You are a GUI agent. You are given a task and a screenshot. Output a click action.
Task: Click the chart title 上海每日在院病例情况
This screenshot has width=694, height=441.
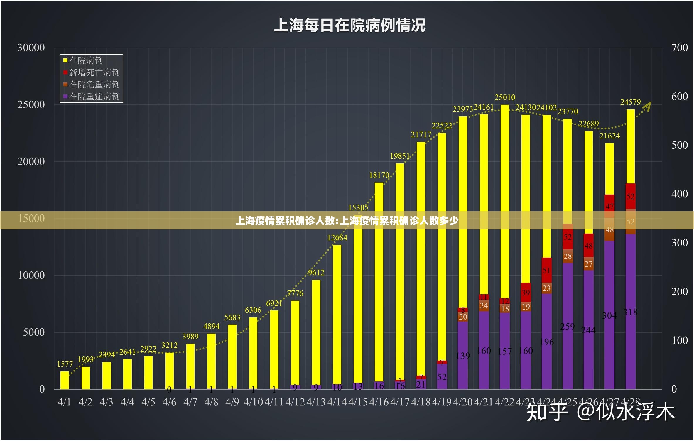click(x=349, y=25)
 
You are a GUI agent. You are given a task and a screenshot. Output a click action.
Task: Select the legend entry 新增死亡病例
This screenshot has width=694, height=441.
click(x=94, y=72)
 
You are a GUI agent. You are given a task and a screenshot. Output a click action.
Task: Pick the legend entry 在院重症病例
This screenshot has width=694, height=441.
click(x=94, y=97)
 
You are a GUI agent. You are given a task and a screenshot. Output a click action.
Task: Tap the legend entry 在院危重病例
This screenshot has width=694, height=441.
click(x=94, y=85)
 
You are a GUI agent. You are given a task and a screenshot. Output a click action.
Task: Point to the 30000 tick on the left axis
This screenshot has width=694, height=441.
click(x=31, y=48)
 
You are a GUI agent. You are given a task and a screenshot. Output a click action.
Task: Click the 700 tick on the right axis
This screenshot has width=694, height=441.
click(x=679, y=48)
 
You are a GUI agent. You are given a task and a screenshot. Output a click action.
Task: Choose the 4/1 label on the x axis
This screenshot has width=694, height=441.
click(x=64, y=402)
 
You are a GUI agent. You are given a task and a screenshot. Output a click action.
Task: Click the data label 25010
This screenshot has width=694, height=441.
click(x=505, y=97)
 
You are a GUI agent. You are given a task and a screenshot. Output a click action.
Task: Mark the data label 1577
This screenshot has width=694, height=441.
click(x=65, y=364)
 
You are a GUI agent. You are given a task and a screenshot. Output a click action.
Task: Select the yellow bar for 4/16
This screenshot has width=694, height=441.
click(x=379, y=279)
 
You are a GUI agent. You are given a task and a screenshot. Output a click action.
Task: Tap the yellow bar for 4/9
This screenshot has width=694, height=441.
click(x=232, y=355)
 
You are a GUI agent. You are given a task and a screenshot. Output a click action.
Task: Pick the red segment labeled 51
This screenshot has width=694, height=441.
click(x=546, y=270)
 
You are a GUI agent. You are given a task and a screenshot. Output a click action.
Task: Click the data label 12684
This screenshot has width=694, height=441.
click(x=337, y=238)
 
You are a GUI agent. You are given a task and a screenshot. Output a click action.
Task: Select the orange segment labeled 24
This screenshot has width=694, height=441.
click(x=484, y=306)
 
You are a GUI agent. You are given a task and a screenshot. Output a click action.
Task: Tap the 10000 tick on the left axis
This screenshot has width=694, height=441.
click(x=31, y=276)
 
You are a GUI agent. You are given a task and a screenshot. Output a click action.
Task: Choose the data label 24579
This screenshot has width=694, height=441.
click(x=630, y=102)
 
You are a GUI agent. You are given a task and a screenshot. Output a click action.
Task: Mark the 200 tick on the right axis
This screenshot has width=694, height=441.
click(x=679, y=292)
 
